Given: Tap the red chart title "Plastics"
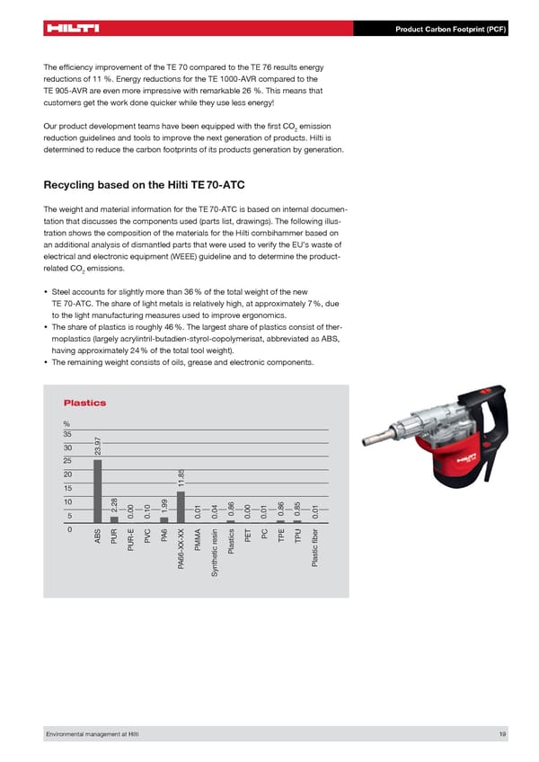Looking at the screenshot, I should tap(84, 403).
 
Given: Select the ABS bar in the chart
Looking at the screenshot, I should tap(97, 491).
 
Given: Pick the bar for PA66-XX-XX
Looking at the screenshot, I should tap(181, 507).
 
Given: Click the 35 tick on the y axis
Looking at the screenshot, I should tap(66, 434).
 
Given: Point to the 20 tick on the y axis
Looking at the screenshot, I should tap(66, 474).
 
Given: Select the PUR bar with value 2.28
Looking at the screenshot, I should tap(114, 518).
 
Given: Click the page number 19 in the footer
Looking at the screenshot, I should tap(502, 735).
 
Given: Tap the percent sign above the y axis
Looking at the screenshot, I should tap(66, 425).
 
